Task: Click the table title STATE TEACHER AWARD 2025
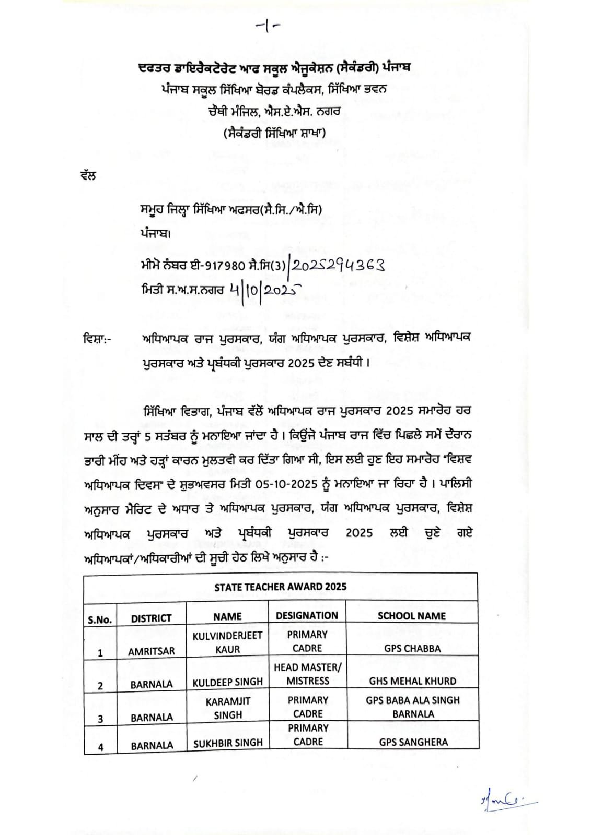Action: tap(280, 587)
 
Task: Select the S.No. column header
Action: tap(100, 619)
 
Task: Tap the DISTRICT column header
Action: tap(151, 618)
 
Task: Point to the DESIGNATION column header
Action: tap(307, 615)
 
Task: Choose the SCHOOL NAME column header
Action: tap(411, 616)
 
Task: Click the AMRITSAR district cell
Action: tap(151, 651)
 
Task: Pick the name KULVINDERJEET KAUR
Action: tap(227, 642)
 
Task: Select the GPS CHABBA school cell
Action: tap(412, 649)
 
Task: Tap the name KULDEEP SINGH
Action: tap(227, 682)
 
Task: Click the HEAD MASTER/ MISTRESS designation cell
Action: tap(308, 674)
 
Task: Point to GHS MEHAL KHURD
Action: tap(412, 681)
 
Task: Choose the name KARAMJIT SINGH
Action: tap(228, 708)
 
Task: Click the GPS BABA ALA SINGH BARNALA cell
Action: tap(413, 707)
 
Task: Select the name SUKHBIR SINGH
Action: tap(228, 743)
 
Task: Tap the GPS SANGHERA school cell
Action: tap(413, 742)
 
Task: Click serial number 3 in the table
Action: tap(100, 719)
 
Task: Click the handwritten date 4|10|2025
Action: tap(263, 288)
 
